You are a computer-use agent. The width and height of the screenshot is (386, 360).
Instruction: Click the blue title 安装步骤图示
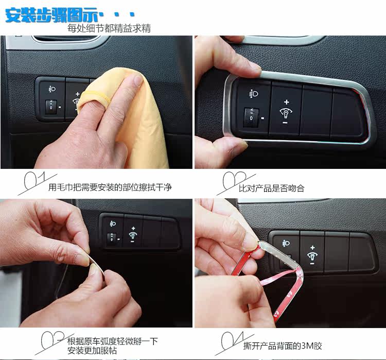click(52, 15)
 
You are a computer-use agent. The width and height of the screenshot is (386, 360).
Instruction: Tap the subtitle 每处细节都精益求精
click(109, 28)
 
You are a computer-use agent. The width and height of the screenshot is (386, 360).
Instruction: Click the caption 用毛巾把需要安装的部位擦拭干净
click(110, 187)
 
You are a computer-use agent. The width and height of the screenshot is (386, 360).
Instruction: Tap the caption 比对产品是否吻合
click(272, 188)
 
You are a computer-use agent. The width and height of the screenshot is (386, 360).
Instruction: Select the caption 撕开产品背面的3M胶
click(283, 346)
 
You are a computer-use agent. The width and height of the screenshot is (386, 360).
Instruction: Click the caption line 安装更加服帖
click(92, 351)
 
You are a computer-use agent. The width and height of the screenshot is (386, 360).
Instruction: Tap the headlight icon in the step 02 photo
click(254, 94)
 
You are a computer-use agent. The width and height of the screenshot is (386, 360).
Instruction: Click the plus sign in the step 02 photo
click(286, 102)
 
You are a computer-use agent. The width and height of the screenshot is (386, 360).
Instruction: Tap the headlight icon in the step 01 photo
click(52, 89)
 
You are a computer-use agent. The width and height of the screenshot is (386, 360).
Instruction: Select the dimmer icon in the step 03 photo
click(133, 235)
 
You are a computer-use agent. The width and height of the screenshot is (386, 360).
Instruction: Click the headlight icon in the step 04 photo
click(286, 243)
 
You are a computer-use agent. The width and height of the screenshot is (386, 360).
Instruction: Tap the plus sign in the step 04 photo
click(312, 248)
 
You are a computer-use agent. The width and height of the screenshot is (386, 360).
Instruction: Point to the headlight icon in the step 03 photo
click(113, 224)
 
